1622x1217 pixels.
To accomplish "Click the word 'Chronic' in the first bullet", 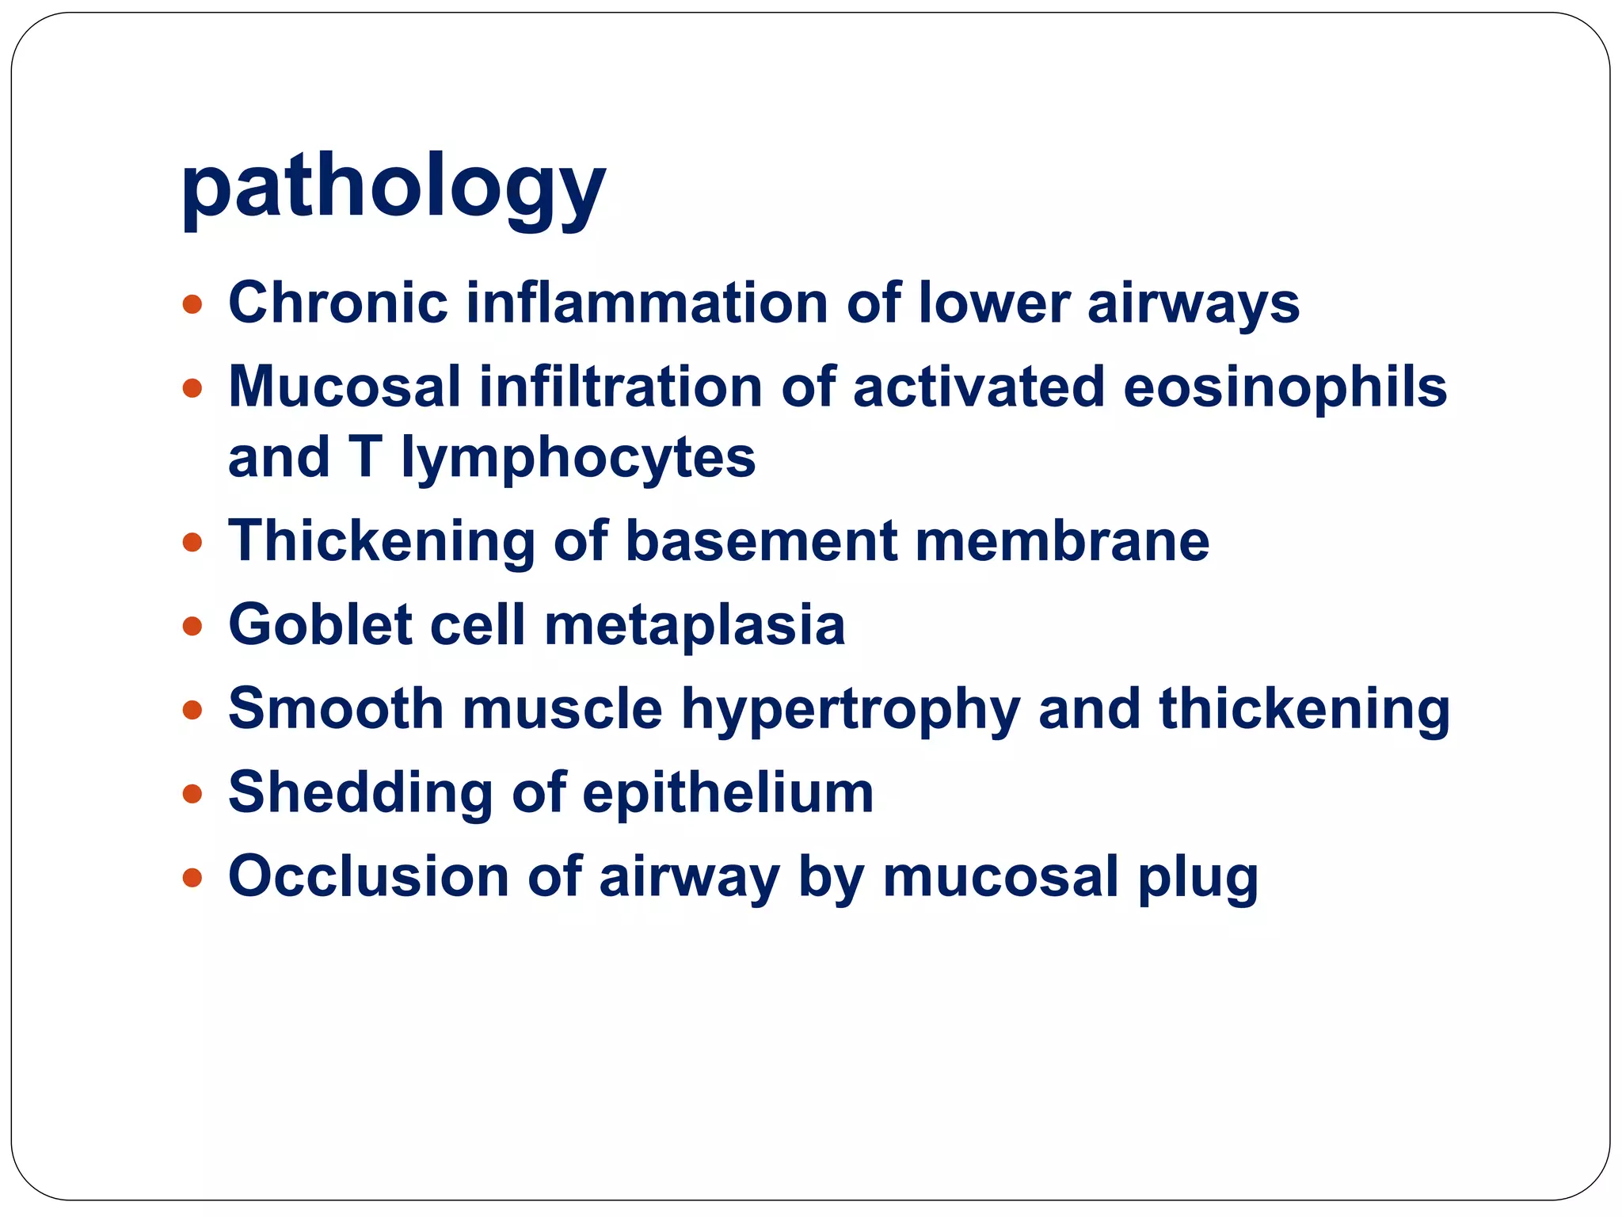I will point(338,303).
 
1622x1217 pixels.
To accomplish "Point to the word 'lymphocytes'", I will point(578,458).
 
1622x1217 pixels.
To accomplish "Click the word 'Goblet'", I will point(320,625).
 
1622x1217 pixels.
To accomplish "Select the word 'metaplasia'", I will point(695,625).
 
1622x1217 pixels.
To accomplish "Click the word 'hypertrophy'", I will point(851,709).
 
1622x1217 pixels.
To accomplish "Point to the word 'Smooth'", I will point(336,708).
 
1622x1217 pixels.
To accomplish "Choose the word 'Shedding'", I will point(360,793).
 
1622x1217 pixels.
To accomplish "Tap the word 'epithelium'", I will point(728,793).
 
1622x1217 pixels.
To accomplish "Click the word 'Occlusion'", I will point(369,876).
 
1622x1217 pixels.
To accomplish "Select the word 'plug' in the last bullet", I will point(1197,878).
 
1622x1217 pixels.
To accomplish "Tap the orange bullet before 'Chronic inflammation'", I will point(192,304).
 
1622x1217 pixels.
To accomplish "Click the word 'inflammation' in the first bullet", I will point(646,303).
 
